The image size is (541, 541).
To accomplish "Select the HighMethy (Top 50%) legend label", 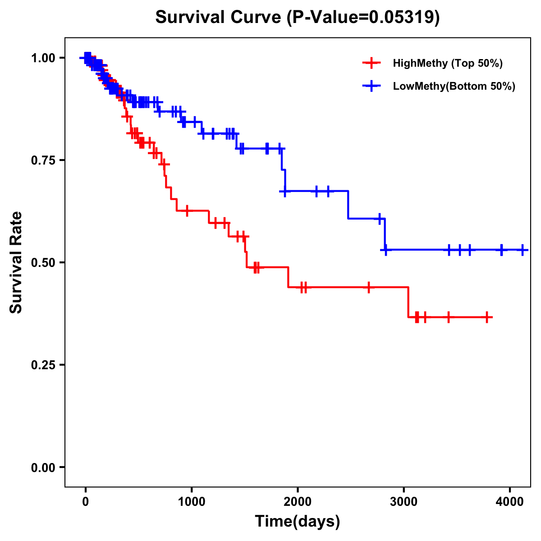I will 447,63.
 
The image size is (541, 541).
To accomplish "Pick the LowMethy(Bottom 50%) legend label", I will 454,87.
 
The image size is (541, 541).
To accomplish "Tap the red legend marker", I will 371,63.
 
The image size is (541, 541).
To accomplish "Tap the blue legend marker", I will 371,87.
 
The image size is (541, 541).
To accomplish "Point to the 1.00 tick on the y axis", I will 43,58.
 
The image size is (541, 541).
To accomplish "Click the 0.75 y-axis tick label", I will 43,160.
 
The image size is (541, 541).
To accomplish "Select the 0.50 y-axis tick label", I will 43,262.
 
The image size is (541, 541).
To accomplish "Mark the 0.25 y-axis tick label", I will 43,365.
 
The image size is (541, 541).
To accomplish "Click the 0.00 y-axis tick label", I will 43,467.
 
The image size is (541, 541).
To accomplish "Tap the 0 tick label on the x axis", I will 86,500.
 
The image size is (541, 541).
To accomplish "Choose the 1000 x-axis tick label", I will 192,500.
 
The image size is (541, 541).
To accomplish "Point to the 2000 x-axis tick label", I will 298,500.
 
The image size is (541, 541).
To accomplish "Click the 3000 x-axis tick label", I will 404,500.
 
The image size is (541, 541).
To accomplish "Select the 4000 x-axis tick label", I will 510,500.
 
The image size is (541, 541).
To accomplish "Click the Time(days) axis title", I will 298,522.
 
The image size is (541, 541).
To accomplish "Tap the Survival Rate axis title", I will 17,262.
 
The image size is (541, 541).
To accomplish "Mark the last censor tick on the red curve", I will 487,317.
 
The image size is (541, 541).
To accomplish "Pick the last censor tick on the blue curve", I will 523,250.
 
